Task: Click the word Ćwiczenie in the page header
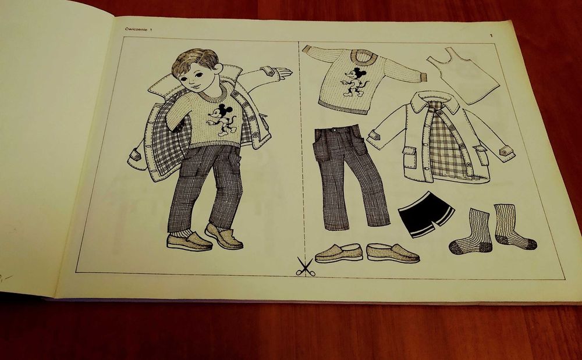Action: [134, 29]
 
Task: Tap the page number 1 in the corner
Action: [491, 37]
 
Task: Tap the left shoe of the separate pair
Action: [339, 252]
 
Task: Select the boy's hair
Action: [195, 58]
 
